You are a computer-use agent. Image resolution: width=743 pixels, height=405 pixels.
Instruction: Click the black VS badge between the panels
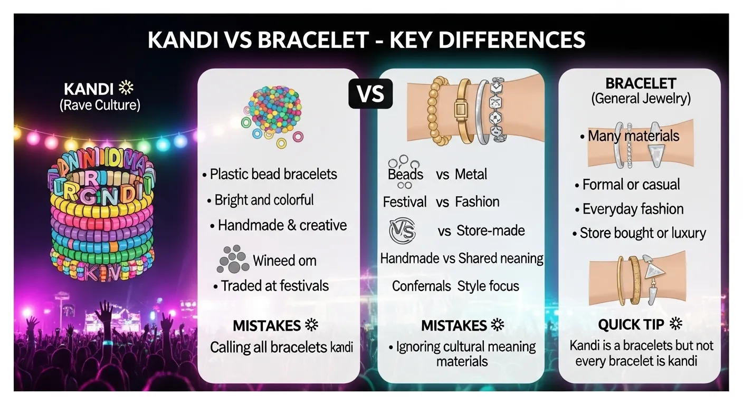[370, 94]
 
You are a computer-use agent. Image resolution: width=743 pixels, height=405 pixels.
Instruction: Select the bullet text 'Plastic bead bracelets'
[273, 174]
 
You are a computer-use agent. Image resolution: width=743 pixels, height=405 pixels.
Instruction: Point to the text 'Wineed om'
[284, 261]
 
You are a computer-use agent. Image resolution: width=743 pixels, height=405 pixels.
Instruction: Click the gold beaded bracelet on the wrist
[440, 111]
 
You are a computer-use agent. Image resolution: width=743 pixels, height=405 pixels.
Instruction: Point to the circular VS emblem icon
[402, 231]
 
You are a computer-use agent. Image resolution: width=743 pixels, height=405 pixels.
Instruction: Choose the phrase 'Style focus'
[488, 286]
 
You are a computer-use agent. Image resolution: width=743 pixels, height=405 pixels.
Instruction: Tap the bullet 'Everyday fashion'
[633, 209]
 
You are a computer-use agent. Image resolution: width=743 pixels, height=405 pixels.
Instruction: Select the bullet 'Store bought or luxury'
[642, 233]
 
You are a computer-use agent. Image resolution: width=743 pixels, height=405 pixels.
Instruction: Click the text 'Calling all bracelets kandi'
[281, 348]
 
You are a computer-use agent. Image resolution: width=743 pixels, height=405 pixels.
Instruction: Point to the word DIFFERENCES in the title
[488, 41]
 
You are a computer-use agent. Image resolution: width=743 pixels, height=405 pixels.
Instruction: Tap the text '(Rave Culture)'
[100, 105]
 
